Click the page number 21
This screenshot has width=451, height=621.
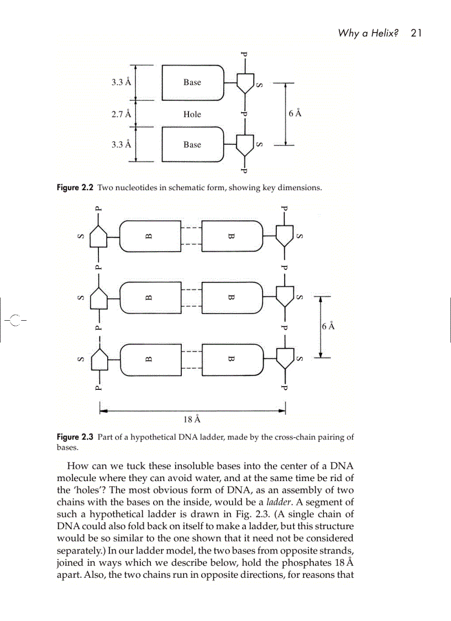[416, 33]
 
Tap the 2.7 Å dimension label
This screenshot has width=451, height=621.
[121, 114]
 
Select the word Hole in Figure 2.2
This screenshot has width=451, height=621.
[192, 114]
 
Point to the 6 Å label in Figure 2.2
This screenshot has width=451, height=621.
[295, 114]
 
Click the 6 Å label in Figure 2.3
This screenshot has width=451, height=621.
[327, 326]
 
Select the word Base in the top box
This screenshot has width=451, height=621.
[192, 82]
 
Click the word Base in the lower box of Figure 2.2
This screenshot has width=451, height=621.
[192, 145]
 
